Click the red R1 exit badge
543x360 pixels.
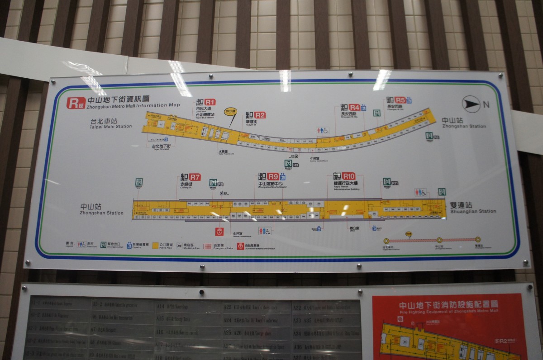pyautogui.click(x=210, y=102)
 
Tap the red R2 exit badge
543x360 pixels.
pyautogui.click(x=259, y=115)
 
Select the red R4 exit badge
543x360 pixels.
pyautogui.click(x=354, y=107)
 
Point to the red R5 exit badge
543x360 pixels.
pyautogui.click(x=400, y=100)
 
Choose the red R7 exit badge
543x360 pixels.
pyautogui.click(x=195, y=177)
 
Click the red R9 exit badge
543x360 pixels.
pyautogui.click(x=273, y=176)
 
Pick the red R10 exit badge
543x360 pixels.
pyautogui.click(x=349, y=176)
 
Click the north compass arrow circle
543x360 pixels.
pyautogui.click(x=471, y=105)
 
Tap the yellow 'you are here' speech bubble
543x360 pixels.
pyautogui.click(x=231, y=111)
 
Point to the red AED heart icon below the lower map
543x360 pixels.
pyautogui.click(x=219, y=231)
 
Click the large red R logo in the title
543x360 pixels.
pyautogui.click(x=74, y=103)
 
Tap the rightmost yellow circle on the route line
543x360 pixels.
pyautogui.click(x=477, y=240)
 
